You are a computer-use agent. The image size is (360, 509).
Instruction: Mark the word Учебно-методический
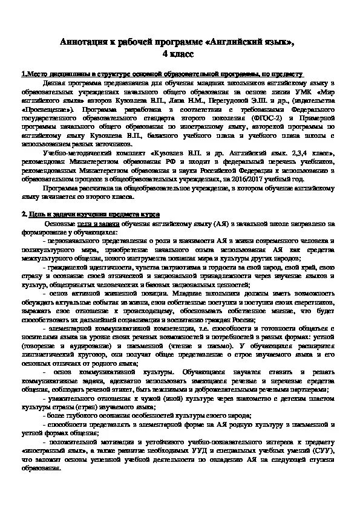click(75, 154)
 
